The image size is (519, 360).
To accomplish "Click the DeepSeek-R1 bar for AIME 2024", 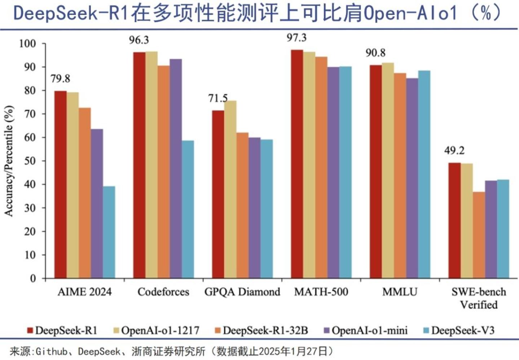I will pos(60,184).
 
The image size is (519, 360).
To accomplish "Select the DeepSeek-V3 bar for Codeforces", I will pos(188,209).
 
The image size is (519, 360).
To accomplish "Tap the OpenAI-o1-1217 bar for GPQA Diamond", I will pos(230,189).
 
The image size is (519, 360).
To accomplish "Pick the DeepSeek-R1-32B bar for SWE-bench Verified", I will pos(479,235).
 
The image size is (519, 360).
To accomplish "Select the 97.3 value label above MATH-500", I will pos(296,38).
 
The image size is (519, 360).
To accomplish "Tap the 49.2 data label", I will pos(454,150).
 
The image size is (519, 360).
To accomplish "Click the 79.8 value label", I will pos(60,79).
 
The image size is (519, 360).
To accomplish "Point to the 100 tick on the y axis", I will pos(27,44).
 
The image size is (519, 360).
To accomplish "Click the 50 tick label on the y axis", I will pos(30,161).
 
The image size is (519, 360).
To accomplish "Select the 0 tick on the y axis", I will pos(33,278).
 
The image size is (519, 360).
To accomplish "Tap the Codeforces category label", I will pos(163,292).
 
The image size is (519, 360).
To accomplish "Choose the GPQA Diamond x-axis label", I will pos(242,292).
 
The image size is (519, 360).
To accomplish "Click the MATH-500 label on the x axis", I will pos(321,292).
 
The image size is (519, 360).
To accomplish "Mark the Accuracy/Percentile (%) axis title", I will pos(9,161).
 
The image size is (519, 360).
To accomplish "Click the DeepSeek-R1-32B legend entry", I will pos(265,330).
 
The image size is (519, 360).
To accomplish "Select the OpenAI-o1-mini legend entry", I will pos(369,330).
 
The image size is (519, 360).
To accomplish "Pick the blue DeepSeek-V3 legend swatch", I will pos(426,330).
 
